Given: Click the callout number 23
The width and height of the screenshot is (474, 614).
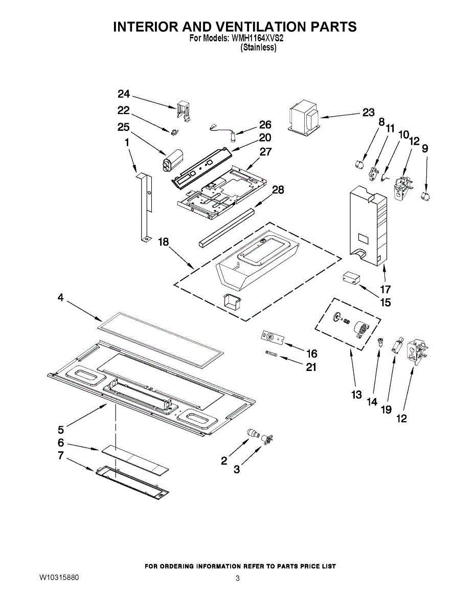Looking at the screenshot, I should (x=369, y=113).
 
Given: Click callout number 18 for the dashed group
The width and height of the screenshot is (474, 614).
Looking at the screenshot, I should (x=163, y=242).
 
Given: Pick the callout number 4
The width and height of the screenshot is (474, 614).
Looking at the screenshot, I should (x=60, y=297).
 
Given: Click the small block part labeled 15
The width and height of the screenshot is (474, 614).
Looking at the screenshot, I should (x=351, y=278).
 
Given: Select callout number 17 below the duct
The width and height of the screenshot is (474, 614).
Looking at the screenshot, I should (x=385, y=289).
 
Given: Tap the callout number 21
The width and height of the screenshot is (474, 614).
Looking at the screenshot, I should (x=311, y=367).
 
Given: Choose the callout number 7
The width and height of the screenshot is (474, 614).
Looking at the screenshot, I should (x=60, y=455).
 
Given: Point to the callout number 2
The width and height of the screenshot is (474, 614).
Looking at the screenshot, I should (x=224, y=461).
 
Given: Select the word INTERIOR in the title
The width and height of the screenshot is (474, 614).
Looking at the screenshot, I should (x=143, y=27).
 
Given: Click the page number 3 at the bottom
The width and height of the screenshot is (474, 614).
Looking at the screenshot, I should (x=237, y=578).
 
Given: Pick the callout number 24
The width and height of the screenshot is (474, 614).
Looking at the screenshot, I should (x=124, y=94).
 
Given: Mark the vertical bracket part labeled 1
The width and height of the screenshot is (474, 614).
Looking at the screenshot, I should (x=147, y=205).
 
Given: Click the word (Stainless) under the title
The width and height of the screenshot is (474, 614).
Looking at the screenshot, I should (x=258, y=47).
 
